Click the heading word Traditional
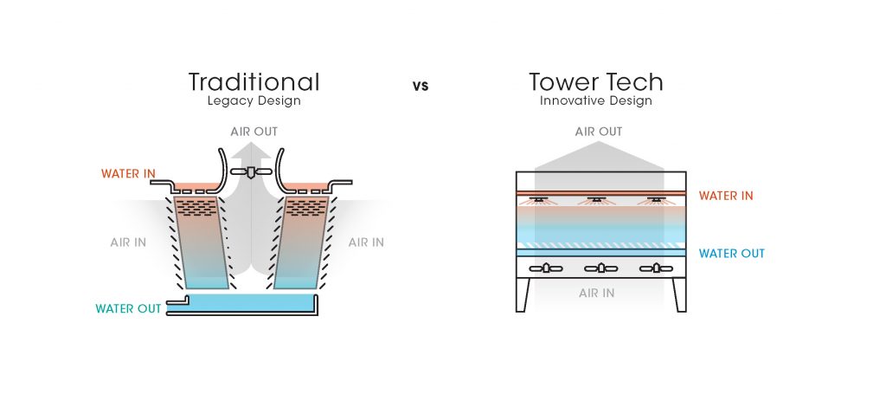254,82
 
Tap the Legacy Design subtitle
254,100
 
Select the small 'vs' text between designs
421,86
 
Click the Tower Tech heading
596,82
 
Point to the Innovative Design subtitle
596,100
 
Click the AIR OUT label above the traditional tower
254,132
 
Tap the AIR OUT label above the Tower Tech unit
599,132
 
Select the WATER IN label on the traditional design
128,174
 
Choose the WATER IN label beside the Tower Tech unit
726,196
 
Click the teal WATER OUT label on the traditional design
128,308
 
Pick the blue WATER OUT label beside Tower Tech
732,254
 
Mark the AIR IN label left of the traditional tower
128,242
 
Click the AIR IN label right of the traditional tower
366,242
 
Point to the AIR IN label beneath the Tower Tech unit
596,294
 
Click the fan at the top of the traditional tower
251,172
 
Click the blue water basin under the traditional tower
251,302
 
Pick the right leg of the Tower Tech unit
680,294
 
